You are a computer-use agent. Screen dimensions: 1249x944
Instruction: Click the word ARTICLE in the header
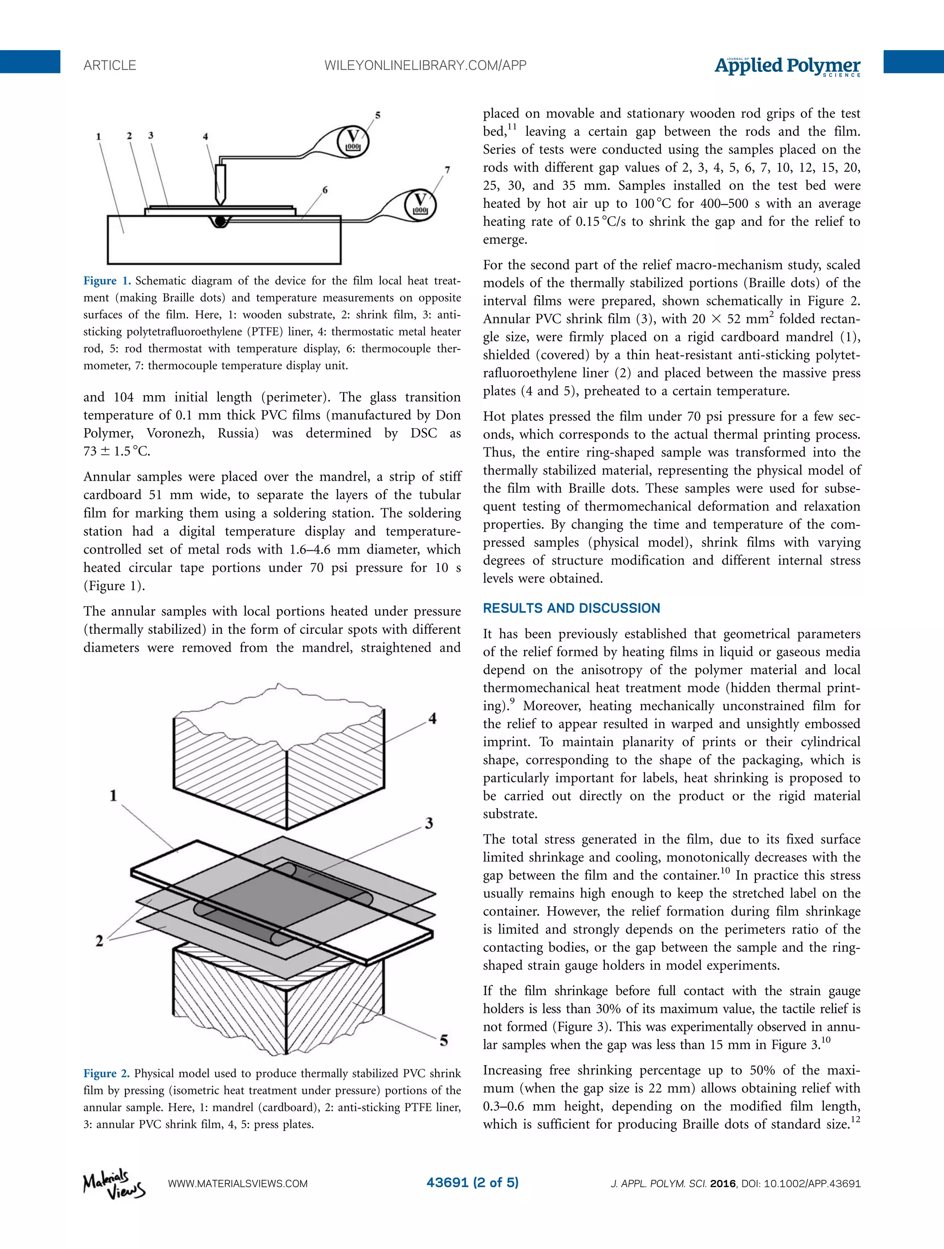[110, 65]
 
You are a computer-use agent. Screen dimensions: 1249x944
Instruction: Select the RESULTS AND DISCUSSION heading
[572, 608]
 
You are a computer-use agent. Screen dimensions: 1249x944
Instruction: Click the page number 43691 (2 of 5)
[472, 1182]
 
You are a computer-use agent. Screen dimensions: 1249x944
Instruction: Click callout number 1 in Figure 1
[99, 136]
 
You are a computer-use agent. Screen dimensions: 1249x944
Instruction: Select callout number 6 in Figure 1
[325, 190]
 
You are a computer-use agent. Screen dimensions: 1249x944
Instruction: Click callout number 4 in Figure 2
[432, 719]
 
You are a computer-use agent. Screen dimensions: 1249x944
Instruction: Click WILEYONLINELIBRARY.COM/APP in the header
[425, 65]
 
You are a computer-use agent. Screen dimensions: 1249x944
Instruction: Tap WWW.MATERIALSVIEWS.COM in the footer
[238, 1184]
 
